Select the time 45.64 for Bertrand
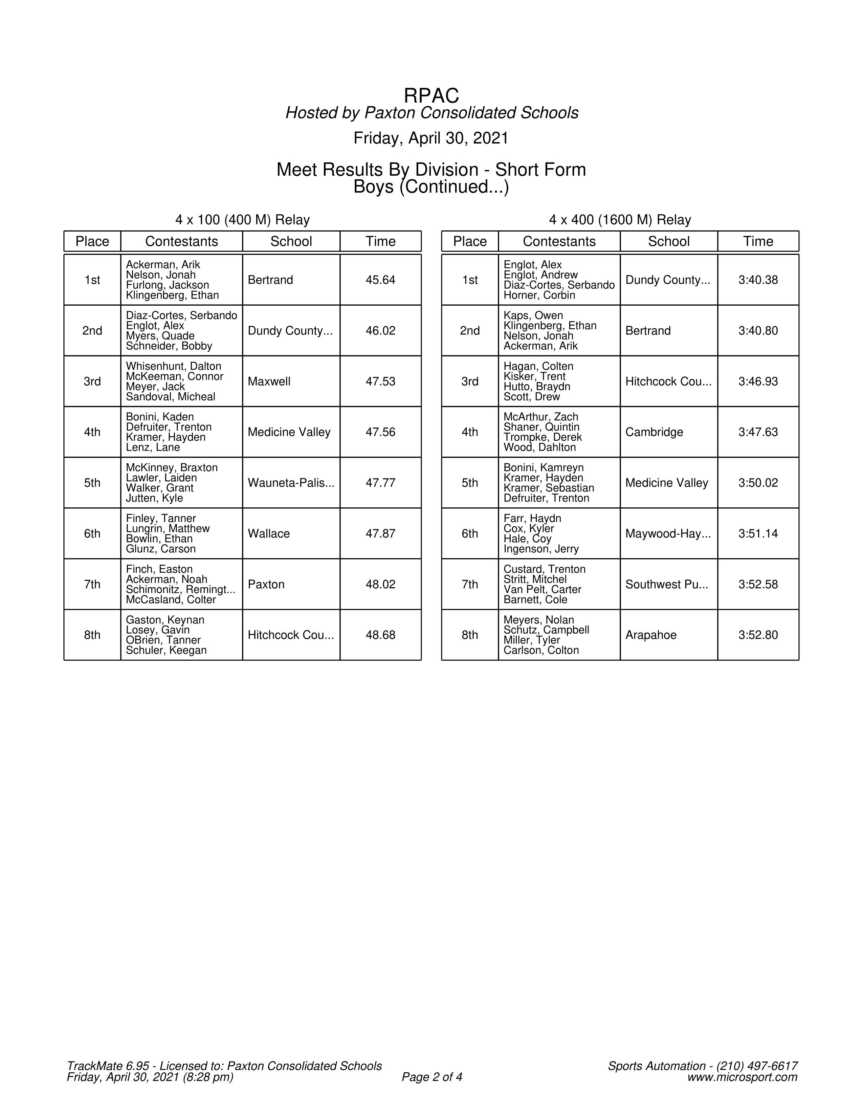click(x=380, y=280)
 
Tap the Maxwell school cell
click(x=269, y=381)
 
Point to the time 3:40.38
click(x=758, y=280)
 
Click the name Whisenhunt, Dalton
click(x=173, y=366)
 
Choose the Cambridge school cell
click(x=654, y=432)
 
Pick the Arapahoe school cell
click(x=650, y=635)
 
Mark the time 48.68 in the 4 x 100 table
click(x=380, y=635)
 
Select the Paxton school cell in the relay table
click(x=266, y=585)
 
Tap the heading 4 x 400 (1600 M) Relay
click(x=620, y=220)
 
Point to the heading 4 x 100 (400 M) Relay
click(x=242, y=220)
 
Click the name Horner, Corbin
click(x=539, y=295)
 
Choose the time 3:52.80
click(x=758, y=635)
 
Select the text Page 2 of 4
click(x=432, y=1077)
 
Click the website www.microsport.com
click(x=742, y=1077)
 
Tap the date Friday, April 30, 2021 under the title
click(x=431, y=138)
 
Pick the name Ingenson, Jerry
click(x=541, y=549)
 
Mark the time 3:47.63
click(x=758, y=432)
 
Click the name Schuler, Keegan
click(x=166, y=651)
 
